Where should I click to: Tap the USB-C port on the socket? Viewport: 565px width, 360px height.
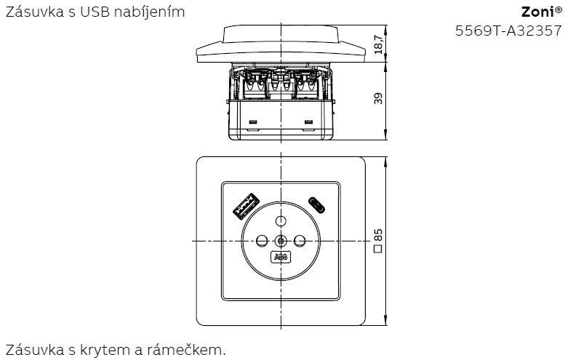pyautogui.click(x=316, y=203)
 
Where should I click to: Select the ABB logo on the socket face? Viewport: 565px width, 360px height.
pyautogui.click(x=280, y=257)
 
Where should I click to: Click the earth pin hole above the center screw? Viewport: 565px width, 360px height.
pyautogui.click(x=280, y=220)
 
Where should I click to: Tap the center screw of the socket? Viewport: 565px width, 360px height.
pyautogui.click(x=280, y=240)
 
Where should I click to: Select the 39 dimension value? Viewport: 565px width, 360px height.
pyautogui.click(x=377, y=99)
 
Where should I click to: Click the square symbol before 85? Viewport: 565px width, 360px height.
pyautogui.click(x=377, y=249)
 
